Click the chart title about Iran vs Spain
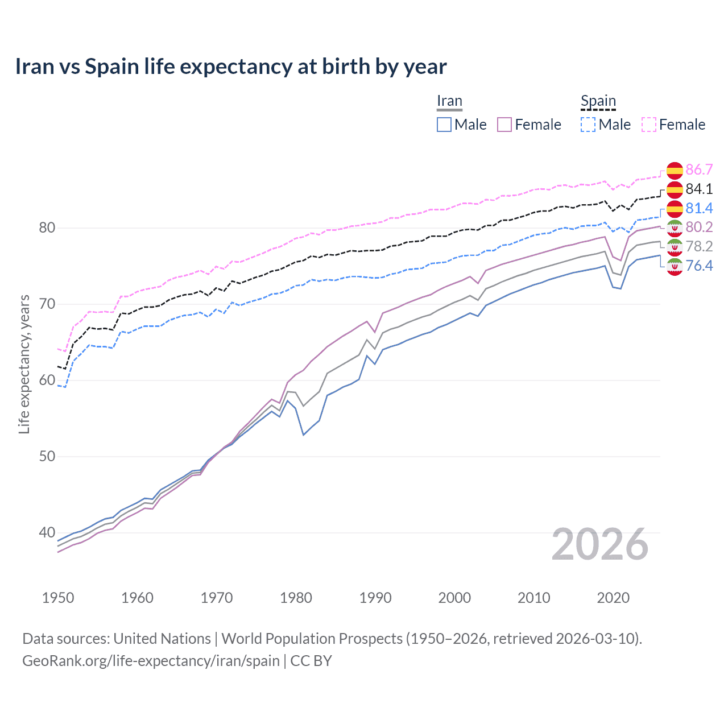[231, 67]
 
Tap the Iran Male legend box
[444, 125]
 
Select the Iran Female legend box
[505, 125]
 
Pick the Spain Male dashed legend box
[588, 125]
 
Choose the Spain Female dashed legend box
[649, 125]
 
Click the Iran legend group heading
[449, 101]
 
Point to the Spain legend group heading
[598, 101]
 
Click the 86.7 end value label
[699, 169]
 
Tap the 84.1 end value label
[699, 189]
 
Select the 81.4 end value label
[699, 208]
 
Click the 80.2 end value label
[699, 227]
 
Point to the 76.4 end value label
[699, 266]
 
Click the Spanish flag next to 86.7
[675, 169]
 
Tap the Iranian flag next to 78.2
[675, 246]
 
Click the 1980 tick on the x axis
[296, 598]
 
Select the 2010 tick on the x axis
[533, 598]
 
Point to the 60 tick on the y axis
[47, 380]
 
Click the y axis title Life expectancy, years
[24, 364]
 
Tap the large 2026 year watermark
[600, 544]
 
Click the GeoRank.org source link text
[151, 661]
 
